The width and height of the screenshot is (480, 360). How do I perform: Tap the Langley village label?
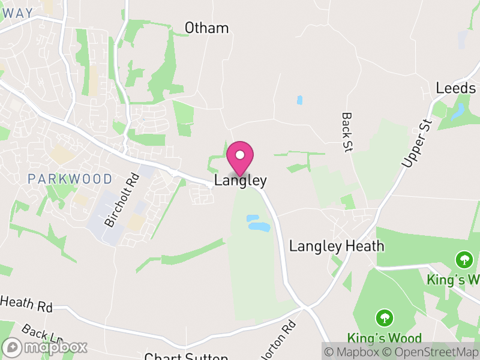(240, 181)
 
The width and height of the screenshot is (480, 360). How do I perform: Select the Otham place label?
(206, 28)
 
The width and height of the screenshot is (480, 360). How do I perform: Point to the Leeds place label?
(455, 88)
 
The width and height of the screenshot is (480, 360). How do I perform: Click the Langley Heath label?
(337, 246)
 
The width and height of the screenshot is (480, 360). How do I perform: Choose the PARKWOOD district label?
(70, 179)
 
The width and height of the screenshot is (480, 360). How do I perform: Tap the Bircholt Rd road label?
(122, 200)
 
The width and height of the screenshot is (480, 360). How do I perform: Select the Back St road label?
(346, 132)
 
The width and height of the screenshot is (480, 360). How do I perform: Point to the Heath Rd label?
(27, 305)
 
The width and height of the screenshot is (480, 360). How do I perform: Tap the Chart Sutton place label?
(186, 356)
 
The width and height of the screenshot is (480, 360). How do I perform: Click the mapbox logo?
(46, 347)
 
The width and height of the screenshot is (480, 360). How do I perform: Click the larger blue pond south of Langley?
(259, 227)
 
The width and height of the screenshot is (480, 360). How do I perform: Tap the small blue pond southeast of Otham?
(299, 100)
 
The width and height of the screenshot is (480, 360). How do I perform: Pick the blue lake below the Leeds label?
(459, 111)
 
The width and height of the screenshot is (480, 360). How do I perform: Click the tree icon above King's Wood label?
(384, 317)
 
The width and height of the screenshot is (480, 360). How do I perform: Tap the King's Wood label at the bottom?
(384, 338)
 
